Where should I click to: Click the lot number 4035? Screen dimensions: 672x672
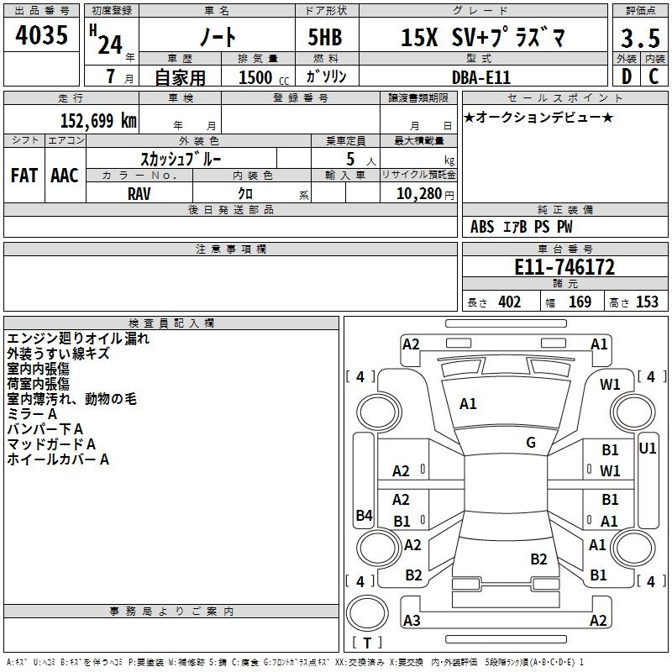click(41, 34)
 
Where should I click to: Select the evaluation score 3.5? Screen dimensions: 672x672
click(640, 38)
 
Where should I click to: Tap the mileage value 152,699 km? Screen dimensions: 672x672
click(98, 120)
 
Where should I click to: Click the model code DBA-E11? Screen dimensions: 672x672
click(481, 77)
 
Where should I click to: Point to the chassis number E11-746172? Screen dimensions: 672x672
click(564, 267)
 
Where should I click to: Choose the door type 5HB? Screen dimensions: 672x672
click(325, 37)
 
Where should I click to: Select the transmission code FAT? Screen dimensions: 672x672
click(24, 176)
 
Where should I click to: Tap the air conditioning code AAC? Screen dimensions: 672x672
click(65, 176)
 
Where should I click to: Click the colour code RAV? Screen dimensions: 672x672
click(139, 194)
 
